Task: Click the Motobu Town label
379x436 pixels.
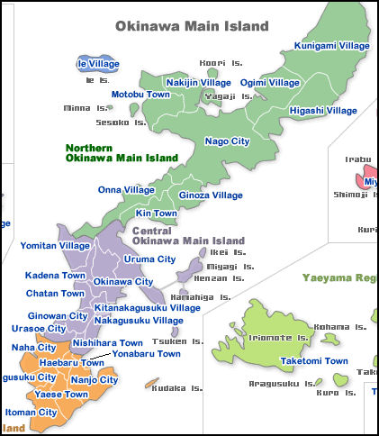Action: coord(141,95)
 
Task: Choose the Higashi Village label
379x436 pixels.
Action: coord(323,111)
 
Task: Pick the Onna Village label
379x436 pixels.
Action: coord(127,190)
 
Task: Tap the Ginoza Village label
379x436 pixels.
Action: coord(211,195)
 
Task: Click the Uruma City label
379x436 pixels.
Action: coord(149,259)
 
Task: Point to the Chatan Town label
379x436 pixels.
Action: coord(55,294)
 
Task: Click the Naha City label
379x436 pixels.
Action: coord(34,347)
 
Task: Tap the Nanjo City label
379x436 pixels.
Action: coord(94,380)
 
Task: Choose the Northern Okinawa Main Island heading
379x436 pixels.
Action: coord(122,152)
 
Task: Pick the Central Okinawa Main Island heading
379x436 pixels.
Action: coord(188,236)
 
